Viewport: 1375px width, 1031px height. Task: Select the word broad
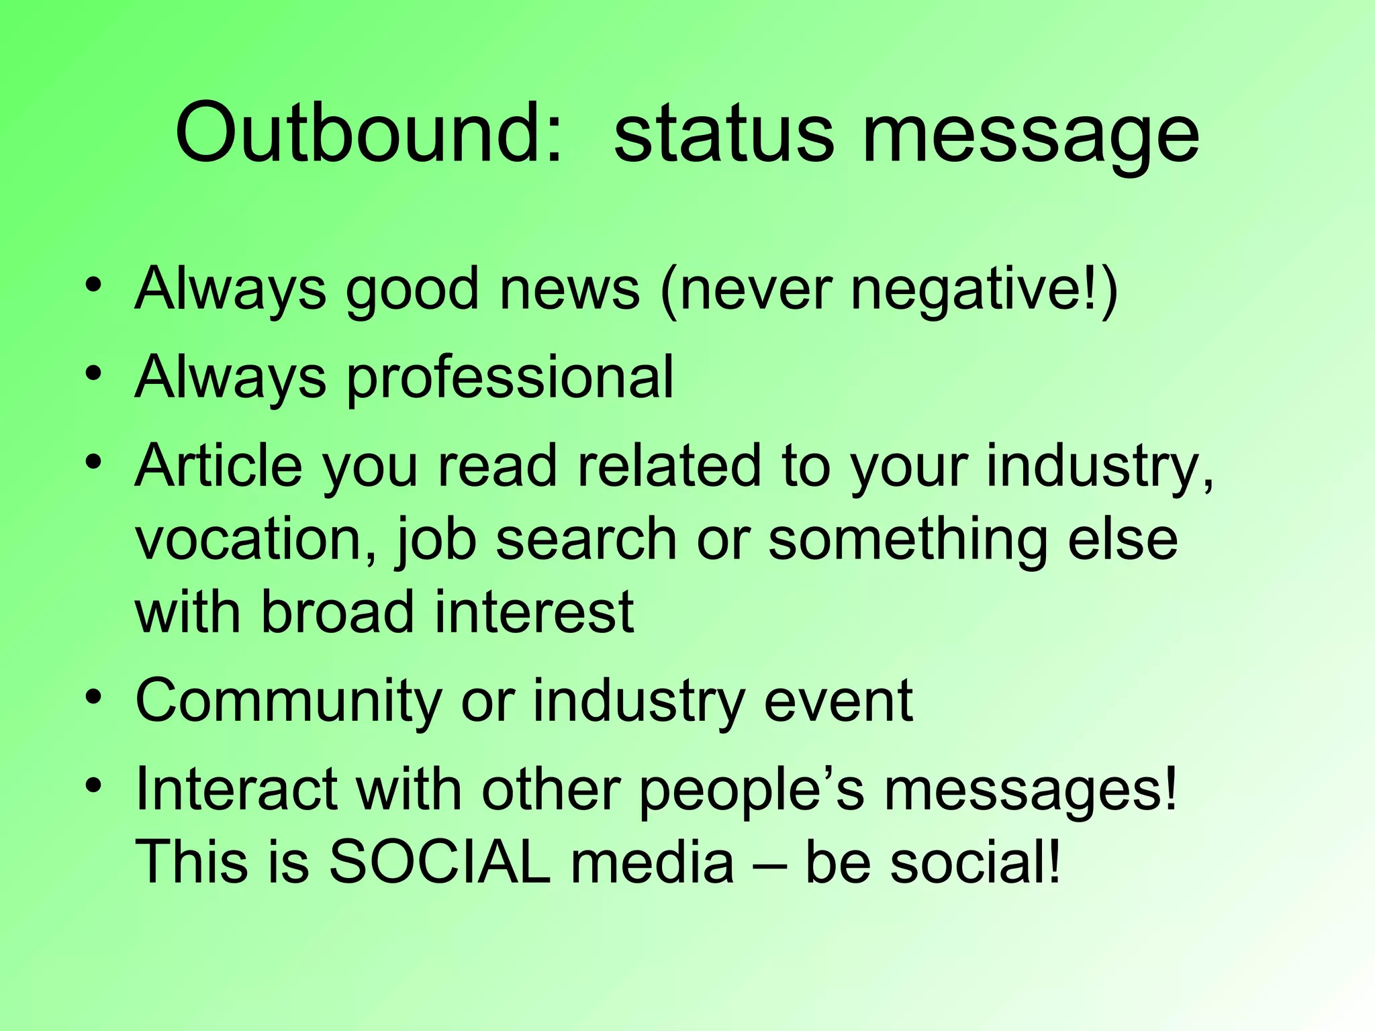click(x=336, y=611)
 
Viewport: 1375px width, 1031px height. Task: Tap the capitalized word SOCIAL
click(x=440, y=862)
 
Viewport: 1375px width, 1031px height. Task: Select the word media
click(x=652, y=862)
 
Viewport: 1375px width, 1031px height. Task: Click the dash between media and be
click(x=769, y=865)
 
